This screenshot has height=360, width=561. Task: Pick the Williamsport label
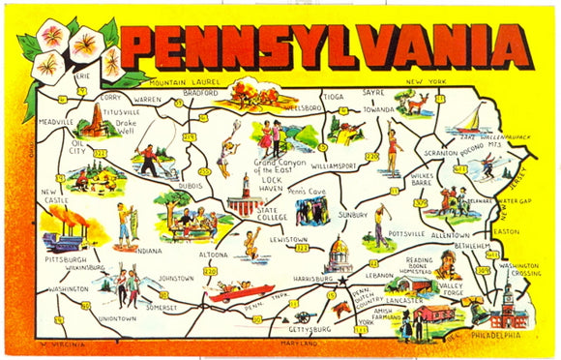(x=335, y=165)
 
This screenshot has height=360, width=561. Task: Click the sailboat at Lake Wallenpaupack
(x=466, y=120)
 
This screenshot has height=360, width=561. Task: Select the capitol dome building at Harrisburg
(x=340, y=255)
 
